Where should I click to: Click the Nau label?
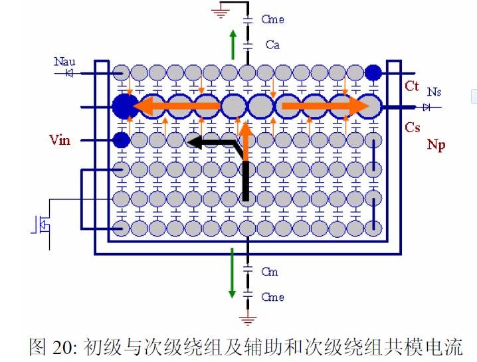click(64, 62)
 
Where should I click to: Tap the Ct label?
click(412, 86)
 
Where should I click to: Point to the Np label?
click(436, 144)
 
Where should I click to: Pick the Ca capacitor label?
click(272, 45)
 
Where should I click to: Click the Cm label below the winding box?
click(270, 272)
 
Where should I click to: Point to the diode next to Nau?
click(69, 72)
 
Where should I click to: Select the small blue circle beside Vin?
click(120, 139)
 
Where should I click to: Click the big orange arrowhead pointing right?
click(359, 106)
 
